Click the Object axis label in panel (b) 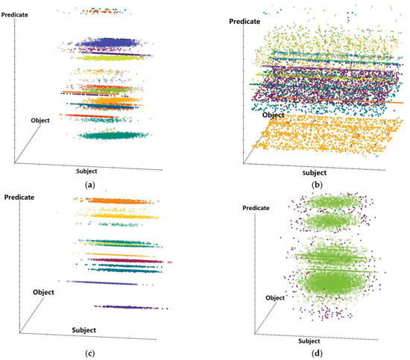[271, 116]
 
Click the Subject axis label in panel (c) [92, 329]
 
